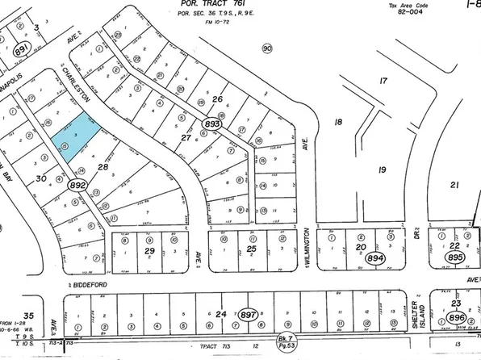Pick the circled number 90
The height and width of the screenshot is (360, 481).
click(267, 49)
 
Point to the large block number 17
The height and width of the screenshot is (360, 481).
click(383, 81)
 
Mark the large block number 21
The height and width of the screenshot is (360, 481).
click(454, 186)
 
